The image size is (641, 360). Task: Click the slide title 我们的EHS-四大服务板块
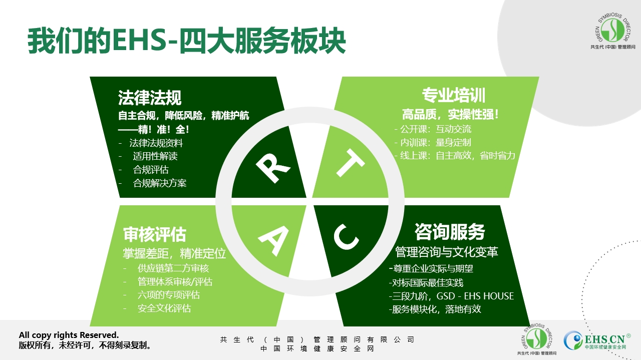(187, 41)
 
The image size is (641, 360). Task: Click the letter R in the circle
(273, 168)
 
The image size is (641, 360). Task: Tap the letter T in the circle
(350, 163)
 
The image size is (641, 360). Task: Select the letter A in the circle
(273, 241)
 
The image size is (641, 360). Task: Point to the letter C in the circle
(346, 237)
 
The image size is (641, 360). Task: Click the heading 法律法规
(150, 98)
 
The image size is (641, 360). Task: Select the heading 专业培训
(454, 95)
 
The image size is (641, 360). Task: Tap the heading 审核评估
(155, 235)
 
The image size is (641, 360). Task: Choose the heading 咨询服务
(450, 232)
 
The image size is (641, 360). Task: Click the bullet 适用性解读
(155, 156)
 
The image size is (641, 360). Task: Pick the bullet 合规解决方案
(160, 183)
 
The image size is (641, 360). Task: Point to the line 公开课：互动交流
(436, 129)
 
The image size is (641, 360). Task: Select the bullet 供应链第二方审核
(173, 268)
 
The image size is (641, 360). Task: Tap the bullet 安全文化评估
(164, 308)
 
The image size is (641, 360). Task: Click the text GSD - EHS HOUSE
(475, 296)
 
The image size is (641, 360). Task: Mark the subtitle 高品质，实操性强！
(450, 115)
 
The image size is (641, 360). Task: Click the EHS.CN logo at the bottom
(597, 340)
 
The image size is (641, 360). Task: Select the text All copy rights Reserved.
(69, 335)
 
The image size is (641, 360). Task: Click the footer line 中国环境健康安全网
(317, 349)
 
